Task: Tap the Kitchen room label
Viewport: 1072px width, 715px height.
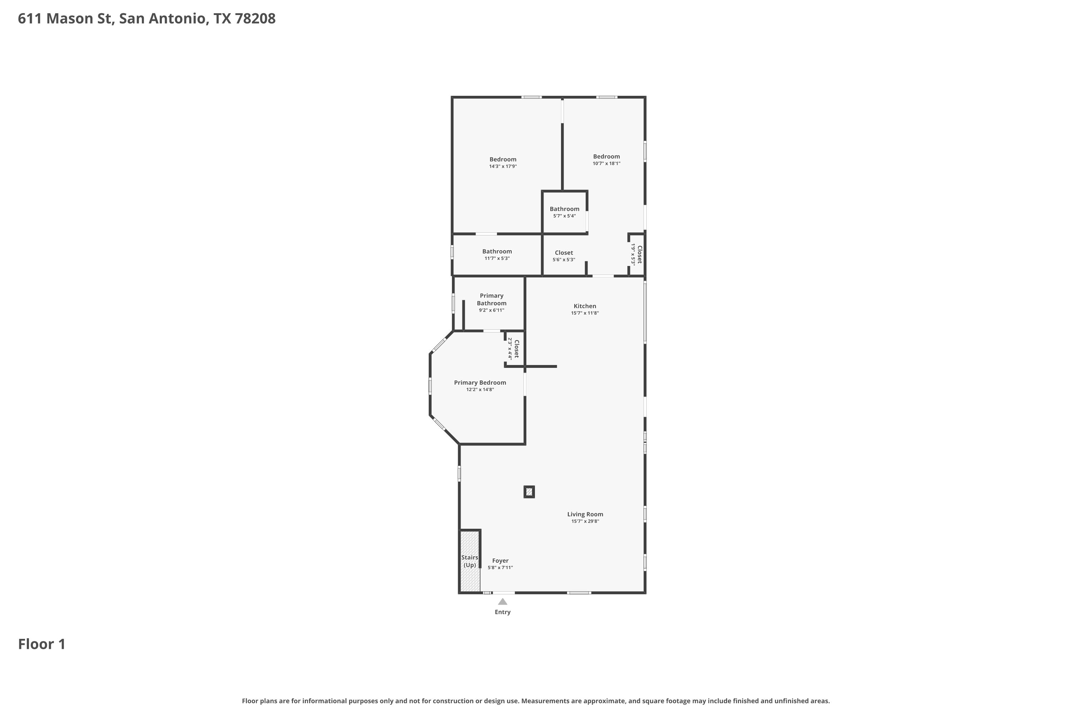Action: pos(585,306)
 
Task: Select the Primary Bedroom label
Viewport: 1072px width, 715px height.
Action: pos(480,383)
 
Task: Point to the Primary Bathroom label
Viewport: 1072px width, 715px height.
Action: pos(491,300)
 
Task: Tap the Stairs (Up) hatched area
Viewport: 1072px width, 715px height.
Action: pos(470,561)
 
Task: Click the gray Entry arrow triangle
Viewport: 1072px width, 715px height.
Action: pos(502,601)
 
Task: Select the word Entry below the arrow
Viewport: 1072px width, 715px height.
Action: pos(502,612)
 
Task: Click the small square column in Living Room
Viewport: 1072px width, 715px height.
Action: pos(529,492)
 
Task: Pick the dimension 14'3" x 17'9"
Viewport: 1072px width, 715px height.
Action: pos(503,167)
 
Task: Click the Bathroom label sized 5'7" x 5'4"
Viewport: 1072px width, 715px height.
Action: pos(564,209)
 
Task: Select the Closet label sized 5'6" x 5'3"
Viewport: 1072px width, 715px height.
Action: pos(564,253)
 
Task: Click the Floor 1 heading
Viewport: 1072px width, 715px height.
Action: pos(42,644)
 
